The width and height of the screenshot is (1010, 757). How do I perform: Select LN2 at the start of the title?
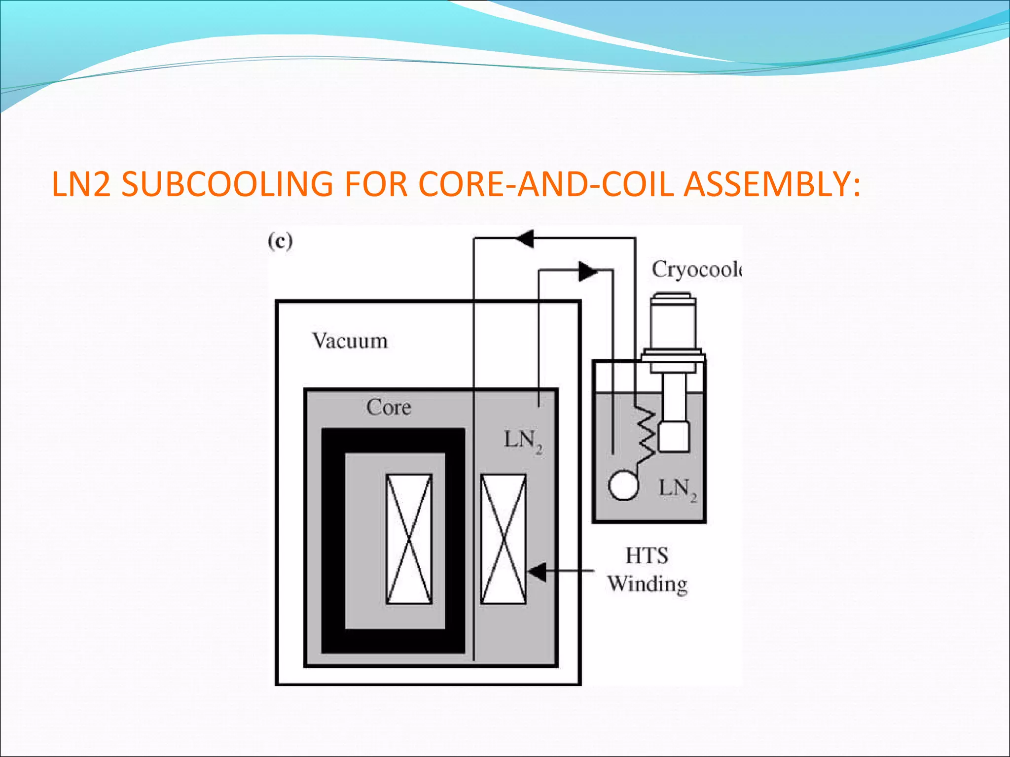click(x=81, y=184)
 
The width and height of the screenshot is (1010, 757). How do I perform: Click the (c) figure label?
click(x=280, y=241)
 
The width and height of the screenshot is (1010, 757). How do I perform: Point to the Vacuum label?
click(x=350, y=341)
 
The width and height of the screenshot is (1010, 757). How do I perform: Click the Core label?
click(x=389, y=408)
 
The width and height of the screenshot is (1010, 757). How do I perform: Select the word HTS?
click(x=647, y=556)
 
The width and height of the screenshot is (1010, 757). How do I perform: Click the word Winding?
click(x=647, y=584)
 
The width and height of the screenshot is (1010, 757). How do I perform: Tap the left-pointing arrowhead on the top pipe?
click(x=525, y=239)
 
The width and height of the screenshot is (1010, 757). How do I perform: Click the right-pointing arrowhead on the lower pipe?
click(x=587, y=271)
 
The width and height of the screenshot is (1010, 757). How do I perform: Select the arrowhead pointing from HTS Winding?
click(x=537, y=572)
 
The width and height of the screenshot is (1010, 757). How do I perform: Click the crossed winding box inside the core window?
click(x=409, y=539)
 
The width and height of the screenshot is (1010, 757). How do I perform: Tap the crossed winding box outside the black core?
click(x=504, y=539)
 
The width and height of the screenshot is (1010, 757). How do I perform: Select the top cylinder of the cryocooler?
click(x=673, y=320)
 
